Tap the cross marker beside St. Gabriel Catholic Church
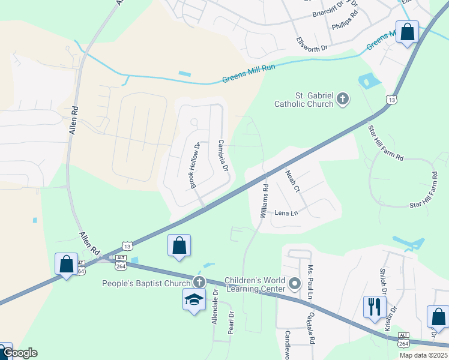(x=343, y=99)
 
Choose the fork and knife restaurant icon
(x=374, y=307)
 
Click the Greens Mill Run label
(x=249, y=73)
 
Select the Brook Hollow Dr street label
(x=195, y=166)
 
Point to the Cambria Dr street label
(x=223, y=155)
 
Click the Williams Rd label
(x=264, y=200)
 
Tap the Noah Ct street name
(x=292, y=181)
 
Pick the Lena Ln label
(x=286, y=213)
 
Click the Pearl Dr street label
(x=231, y=322)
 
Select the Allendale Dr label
(x=214, y=307)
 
